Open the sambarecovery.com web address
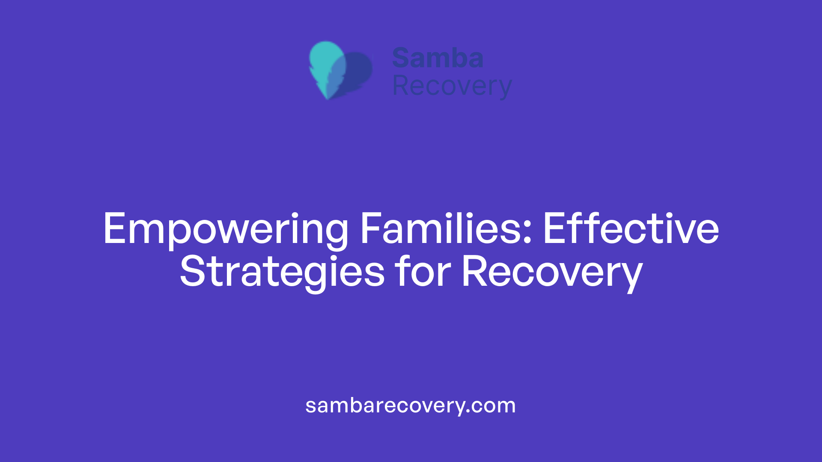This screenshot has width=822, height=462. (411, 406)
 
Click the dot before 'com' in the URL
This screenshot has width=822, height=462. (468, 412)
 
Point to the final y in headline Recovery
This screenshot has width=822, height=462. (631, 276)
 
